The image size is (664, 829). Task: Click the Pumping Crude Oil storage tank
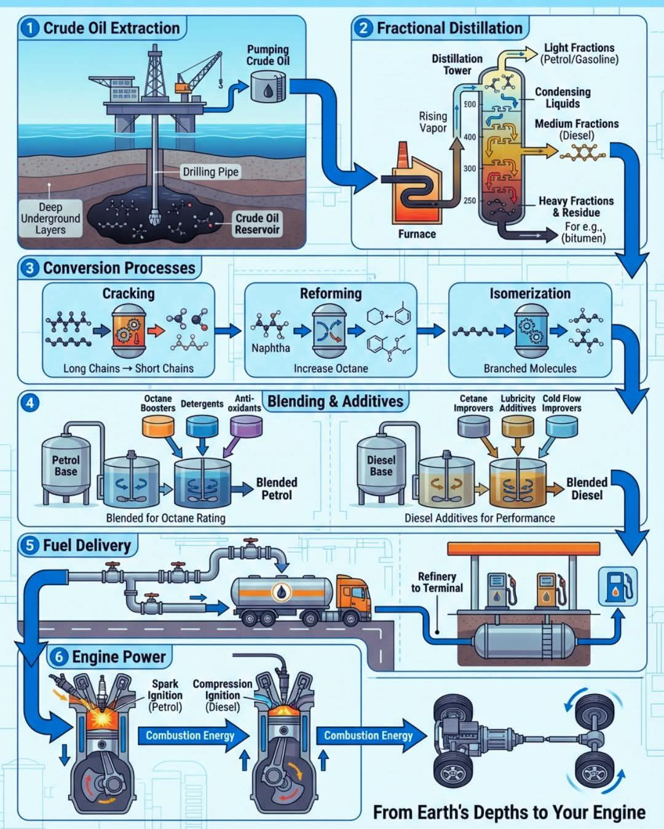tap(268, 86)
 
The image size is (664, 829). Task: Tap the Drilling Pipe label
tap(210, 172)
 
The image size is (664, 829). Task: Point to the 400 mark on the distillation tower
tap(470, 137)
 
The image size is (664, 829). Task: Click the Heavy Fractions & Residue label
tap(576, 206)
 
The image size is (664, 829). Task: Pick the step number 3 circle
tap(30, 268)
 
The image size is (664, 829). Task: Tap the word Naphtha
tap(271, 348)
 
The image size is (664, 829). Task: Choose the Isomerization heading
tap(530, 294)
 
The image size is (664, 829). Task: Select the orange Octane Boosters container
tap(158, 426)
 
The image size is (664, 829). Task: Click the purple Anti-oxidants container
tap(246, 426)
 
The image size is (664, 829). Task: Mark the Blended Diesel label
tap(587, 489)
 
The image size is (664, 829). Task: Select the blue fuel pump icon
tap(617, 586)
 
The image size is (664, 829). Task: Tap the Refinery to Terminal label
tap(437, 582)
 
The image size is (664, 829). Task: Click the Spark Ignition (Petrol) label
tap(165, 695)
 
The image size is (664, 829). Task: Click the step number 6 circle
tap(59, 657)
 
